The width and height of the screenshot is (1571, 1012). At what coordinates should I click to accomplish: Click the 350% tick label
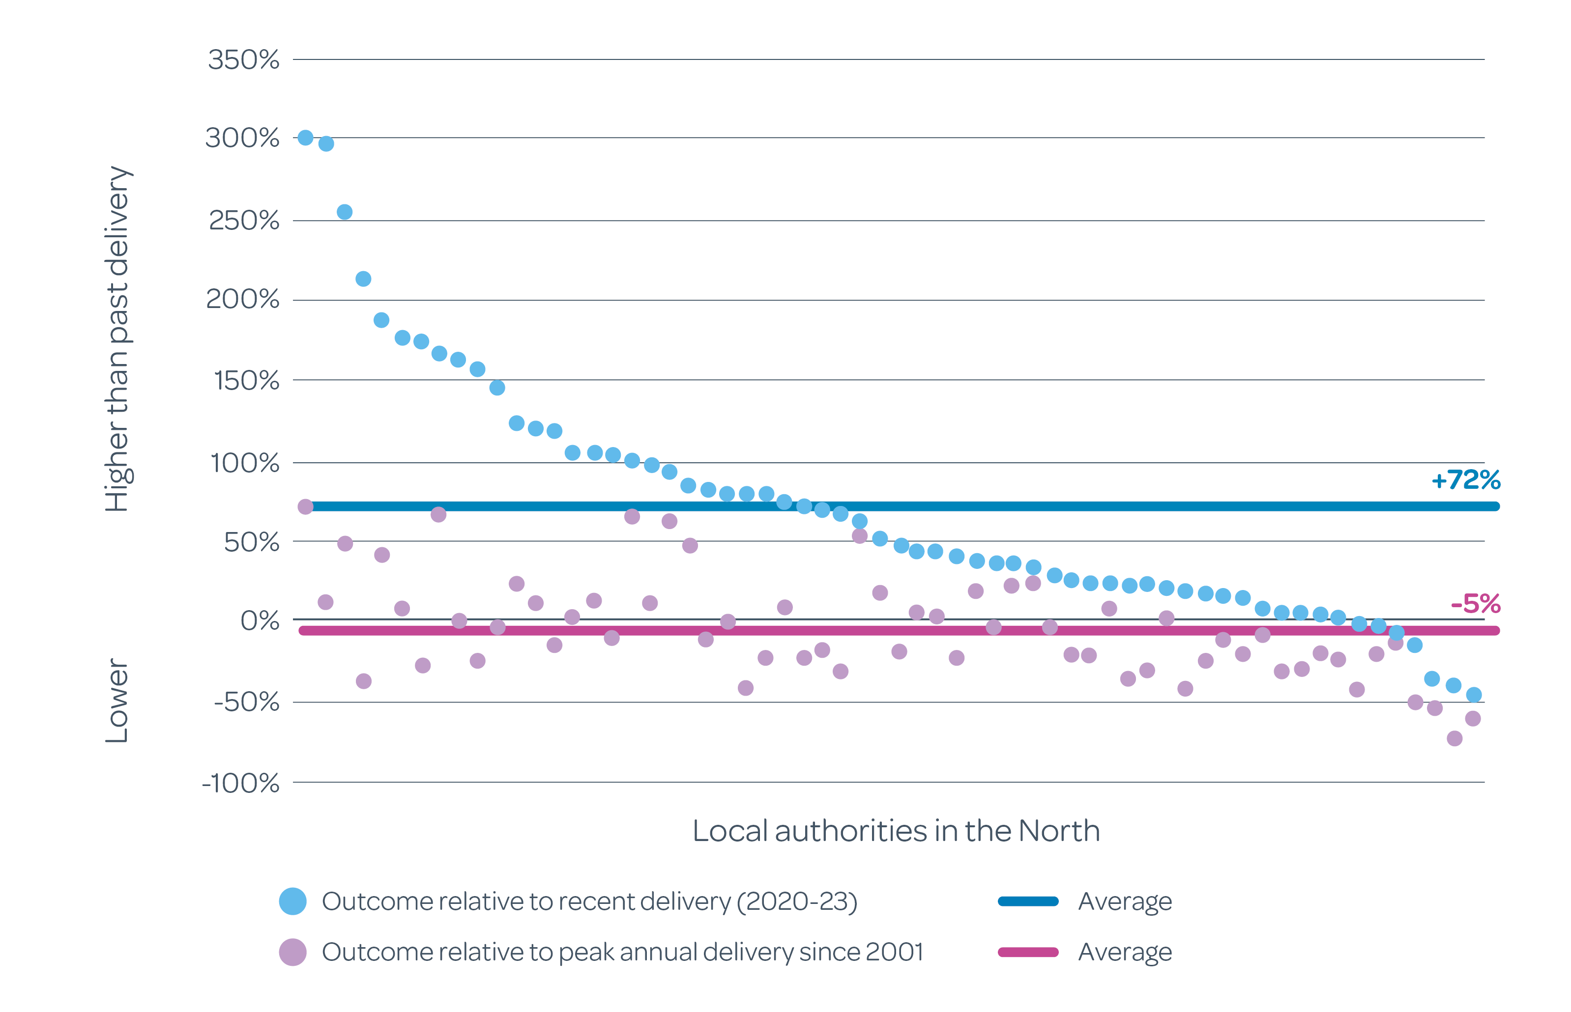tap(243, 60)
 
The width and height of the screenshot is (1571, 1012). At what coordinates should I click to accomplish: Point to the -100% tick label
tap(240, 783)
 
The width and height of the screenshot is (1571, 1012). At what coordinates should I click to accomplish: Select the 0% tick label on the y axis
tap(260, 620)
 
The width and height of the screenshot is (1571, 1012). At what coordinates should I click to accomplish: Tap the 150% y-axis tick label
tap(246, 381)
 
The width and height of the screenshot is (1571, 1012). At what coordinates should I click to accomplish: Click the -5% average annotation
tap(1475, 603)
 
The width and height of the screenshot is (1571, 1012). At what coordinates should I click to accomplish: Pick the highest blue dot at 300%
tap(305, 138)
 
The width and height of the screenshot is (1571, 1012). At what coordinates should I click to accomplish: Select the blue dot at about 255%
tap(345, 212)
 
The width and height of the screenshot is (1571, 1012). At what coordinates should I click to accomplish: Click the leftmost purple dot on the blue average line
tap(305, 506)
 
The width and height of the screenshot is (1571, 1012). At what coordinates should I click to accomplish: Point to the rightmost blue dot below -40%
tap(1473, 695)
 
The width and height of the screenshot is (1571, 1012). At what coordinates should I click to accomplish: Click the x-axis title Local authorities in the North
tap(895, 831)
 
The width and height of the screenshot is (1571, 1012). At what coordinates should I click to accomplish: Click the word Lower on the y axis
tap(117, 701)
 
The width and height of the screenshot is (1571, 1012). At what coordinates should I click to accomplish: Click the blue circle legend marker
tap(292, 901)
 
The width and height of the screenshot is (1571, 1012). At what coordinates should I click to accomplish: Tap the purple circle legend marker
tap(292, 952)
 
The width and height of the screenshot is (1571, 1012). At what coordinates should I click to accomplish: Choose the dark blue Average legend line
tap(1027, 901)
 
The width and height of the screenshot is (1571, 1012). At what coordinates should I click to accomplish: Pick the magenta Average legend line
tap(1027, 952)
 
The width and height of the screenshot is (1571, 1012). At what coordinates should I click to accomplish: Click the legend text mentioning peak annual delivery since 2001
tap(622, 952)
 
